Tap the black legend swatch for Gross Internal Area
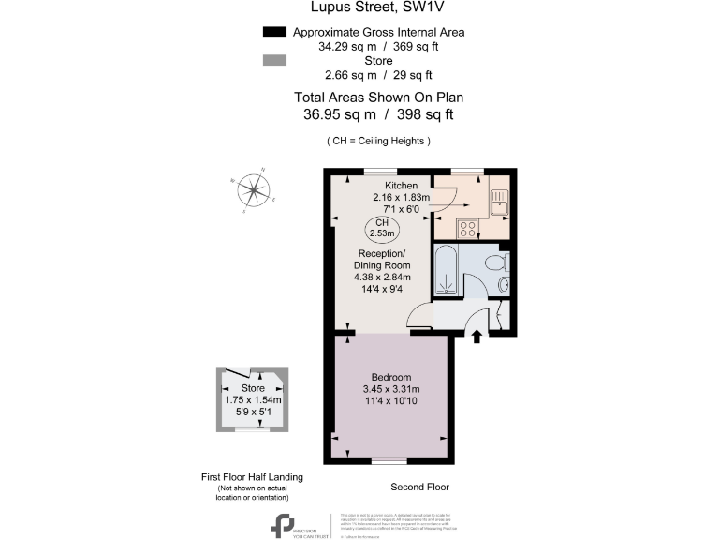pos(273,32)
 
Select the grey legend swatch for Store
pos(273,60)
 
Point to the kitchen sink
pos(499,201)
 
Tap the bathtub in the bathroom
pos(448,271)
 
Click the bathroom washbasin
pos(504,284)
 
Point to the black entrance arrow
pos(477,336)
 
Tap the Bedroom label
pos(390,378)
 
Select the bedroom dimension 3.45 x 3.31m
pos(390,390)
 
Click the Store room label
pos(254,388)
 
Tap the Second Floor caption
pos(419,487)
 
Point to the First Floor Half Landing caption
pos(253,477)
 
